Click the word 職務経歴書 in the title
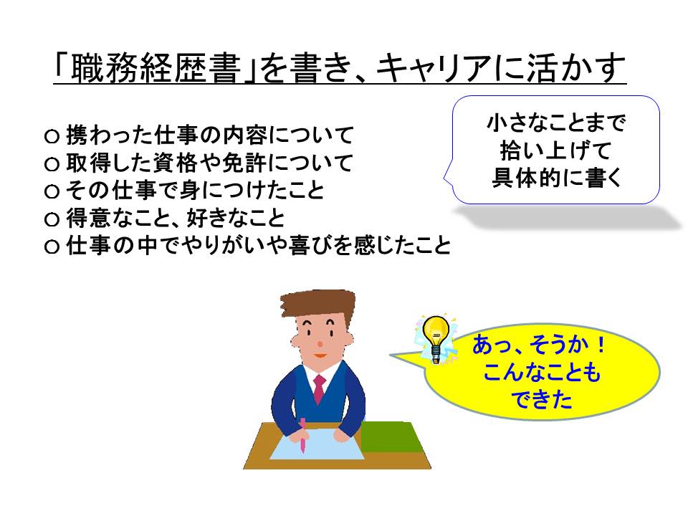tap(156, 69)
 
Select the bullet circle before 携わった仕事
tap(52, 136)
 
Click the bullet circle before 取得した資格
tap(52, 164)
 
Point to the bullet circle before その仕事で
tap(52, 191)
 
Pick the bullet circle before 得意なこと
tap(52, 219)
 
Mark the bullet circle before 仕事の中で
tap(52, 246)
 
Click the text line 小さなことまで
tap(556, 123)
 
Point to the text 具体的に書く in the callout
tap(556, 178)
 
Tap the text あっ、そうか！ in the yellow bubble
tap(539, 345)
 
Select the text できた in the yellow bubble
tap(542, 400)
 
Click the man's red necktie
tap(319, 388)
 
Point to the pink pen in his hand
tap(302, 435)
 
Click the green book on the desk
tap(390, 436)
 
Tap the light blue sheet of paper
tap(317, 444)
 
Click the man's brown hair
tap(318, 305)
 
